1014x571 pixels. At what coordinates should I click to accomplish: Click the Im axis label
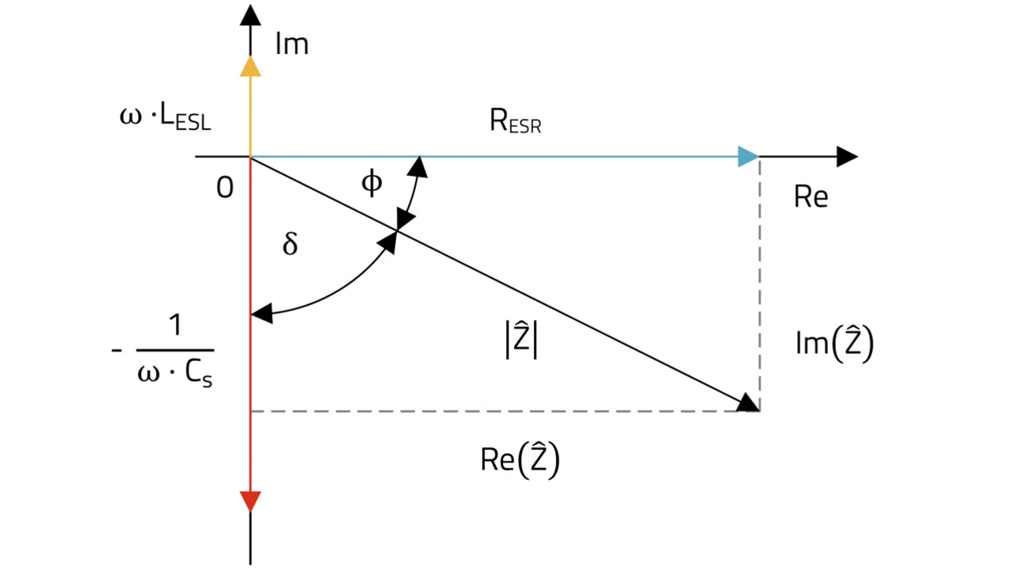point(292,44)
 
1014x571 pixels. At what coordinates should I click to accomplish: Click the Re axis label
point(810,196)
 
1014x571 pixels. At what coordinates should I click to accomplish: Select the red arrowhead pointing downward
point(250,501)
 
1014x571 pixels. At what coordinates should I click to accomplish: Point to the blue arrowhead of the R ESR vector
point(748,157)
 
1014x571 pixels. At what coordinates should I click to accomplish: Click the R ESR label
point(515,124)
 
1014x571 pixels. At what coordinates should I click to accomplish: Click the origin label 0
point(225,189)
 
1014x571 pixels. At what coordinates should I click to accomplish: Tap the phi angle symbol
point(371,183)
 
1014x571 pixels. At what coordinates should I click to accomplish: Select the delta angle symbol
point(290,244)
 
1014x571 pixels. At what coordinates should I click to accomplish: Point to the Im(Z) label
point(833,345)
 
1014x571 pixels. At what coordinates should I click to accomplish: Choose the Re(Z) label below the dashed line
point(520,461)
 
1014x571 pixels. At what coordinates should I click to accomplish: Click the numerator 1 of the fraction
point(174,326)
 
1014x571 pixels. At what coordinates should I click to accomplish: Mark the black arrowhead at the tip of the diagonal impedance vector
point(746,403)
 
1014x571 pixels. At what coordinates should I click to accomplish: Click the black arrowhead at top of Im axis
point(250,15)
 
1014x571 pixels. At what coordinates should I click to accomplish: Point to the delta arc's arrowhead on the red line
point(261,314)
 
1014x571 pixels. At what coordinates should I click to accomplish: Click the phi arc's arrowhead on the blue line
point(417,167)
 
